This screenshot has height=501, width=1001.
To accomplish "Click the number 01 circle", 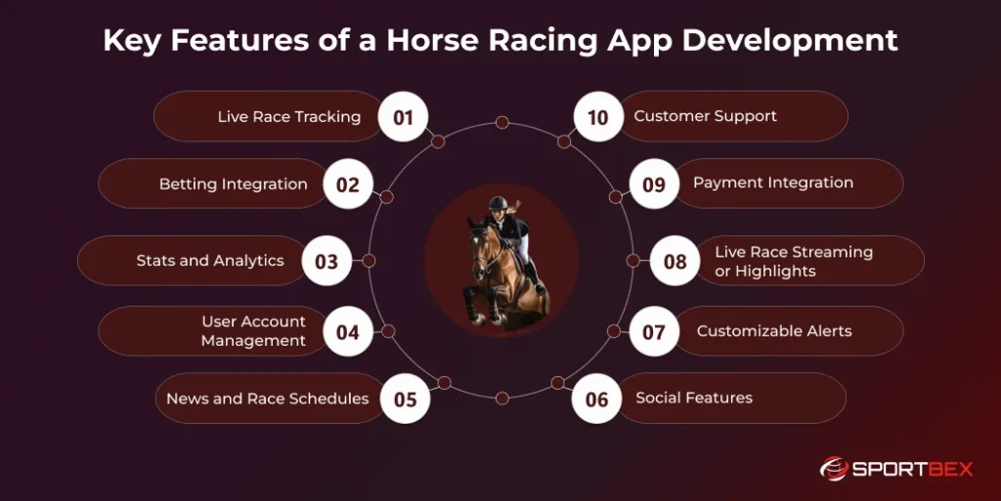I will coord(404,117).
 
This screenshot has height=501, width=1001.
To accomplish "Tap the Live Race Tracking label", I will coord(288,117).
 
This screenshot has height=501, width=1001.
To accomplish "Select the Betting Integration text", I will coord(233,184).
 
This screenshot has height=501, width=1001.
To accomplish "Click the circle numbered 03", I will coord(326,261).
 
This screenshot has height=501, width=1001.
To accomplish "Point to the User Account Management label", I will coord(253,331).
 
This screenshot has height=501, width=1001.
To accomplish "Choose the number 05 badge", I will coord(405,398).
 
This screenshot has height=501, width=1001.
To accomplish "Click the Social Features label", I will coord(694,397).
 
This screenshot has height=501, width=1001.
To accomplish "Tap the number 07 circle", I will coord(654,332).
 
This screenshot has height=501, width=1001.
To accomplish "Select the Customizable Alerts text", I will coord(774,331).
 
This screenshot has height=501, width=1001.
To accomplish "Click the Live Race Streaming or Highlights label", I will coord(793,261).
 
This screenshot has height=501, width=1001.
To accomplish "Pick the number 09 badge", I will coord(654,184).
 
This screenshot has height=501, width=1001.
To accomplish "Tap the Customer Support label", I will coord(705,116).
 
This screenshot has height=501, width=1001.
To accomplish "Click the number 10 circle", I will coord(597,117).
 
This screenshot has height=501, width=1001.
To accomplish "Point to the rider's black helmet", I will coord(500,204).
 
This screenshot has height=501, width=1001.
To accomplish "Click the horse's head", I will coord(480,245).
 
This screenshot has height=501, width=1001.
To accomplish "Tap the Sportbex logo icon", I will coord(834,469).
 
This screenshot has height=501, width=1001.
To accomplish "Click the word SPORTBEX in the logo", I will coord(913,469).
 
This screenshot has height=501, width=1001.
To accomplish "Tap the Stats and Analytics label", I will coord(210,261).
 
